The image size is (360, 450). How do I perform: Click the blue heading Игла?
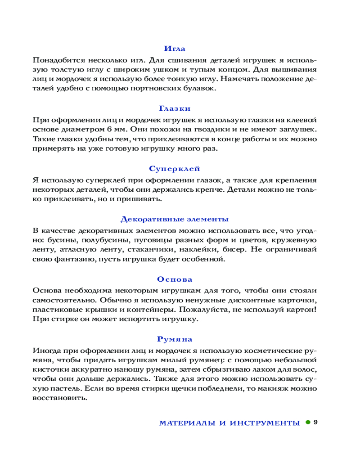pos(175,49)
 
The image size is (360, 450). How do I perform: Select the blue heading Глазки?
pos(175,108)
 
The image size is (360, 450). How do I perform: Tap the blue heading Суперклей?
pos(175,168)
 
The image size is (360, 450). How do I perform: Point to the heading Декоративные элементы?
pos(175,219)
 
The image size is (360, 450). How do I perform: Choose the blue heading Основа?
pos(175,279)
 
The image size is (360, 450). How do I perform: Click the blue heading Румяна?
pos(175,339)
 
